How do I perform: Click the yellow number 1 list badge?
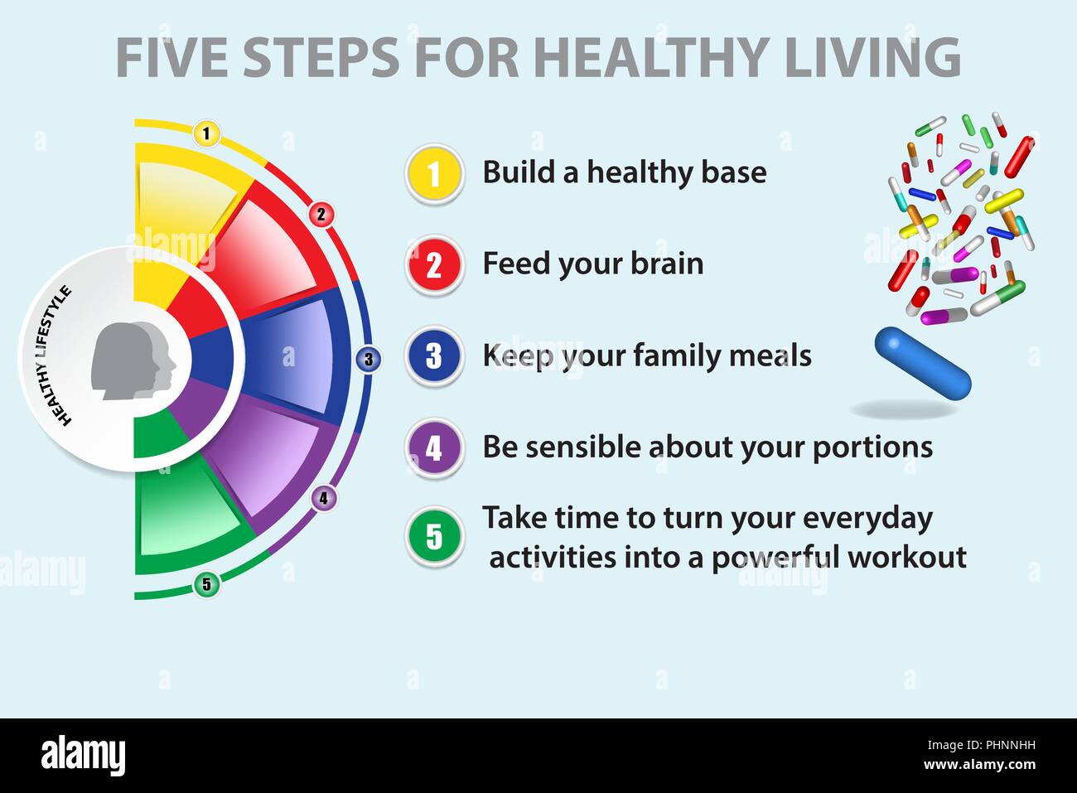coord(434,174)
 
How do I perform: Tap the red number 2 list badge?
coord(434,265)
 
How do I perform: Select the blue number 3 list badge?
coord(434,356)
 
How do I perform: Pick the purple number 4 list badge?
coord(434,448)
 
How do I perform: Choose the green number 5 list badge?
coord(434,536)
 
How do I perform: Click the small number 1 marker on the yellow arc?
coord(207,133)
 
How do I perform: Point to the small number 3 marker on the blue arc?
coord(369,360)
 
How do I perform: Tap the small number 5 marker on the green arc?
coord(207,585)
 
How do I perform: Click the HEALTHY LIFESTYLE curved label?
coord(49,355)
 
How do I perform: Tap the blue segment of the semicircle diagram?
coord(286,356)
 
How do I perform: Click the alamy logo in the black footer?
coord(84,756)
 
